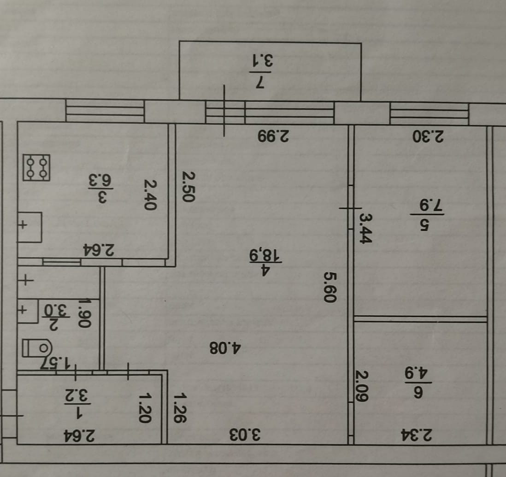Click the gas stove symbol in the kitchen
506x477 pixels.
(37, 168)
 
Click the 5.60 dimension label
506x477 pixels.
(329, 287)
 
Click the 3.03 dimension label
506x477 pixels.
(245, 434)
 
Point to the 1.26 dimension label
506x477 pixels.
(181, 407)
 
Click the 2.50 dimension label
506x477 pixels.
(188, 186)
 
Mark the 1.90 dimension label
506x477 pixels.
(83, 313)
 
